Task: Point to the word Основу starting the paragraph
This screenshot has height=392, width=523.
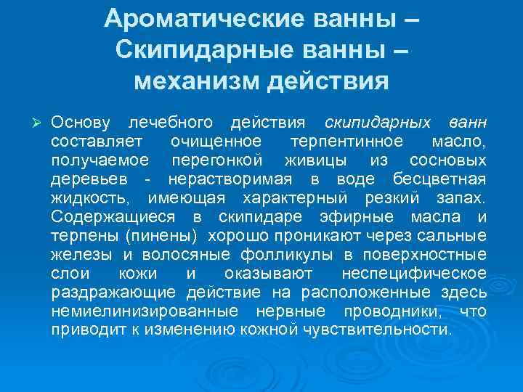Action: coord(81,120)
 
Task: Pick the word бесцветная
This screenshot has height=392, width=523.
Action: coord(440,179)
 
